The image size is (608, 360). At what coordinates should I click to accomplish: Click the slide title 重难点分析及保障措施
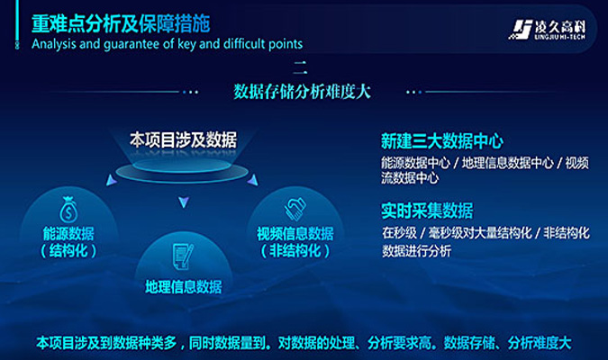(121, 24)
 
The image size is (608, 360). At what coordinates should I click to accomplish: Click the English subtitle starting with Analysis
(168, 44)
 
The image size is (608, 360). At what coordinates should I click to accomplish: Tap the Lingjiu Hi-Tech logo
(548, 30)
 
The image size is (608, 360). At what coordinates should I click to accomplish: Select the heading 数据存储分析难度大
(302, 92)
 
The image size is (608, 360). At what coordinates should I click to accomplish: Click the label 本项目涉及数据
(183, 139)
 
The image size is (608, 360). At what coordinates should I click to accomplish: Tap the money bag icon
(68, 210)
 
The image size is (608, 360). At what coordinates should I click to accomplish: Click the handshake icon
(295, 210)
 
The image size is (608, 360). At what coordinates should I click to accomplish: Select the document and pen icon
(183, 256)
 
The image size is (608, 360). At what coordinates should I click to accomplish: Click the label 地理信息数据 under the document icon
(184, 287)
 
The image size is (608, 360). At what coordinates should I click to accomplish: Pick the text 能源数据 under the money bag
(68, 234)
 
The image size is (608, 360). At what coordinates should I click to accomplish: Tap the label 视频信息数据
(295, 234)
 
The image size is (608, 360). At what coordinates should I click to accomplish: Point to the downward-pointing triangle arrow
(184, 202)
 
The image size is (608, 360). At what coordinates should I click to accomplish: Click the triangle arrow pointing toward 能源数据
(112, 180)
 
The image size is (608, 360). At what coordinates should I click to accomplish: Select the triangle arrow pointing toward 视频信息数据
(253, 180)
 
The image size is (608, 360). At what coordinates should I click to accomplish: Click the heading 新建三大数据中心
(442, 141)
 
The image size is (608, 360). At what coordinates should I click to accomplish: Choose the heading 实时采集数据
(427, 211)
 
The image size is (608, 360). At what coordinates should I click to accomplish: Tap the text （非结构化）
(295, 251)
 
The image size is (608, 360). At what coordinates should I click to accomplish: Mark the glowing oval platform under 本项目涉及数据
(182, 170)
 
